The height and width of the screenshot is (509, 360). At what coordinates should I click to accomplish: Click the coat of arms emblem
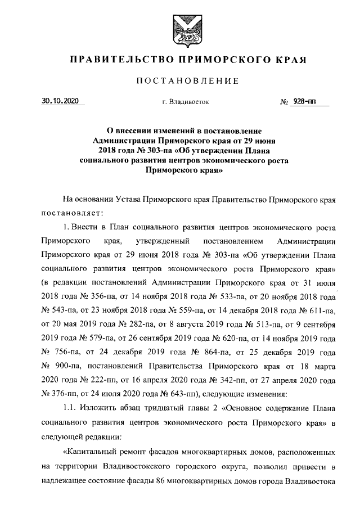[x=180, y=28]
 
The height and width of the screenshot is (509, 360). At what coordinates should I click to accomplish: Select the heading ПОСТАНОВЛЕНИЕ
[x=180, y=82]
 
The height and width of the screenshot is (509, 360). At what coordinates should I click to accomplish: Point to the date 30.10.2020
[x=61, y=102]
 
